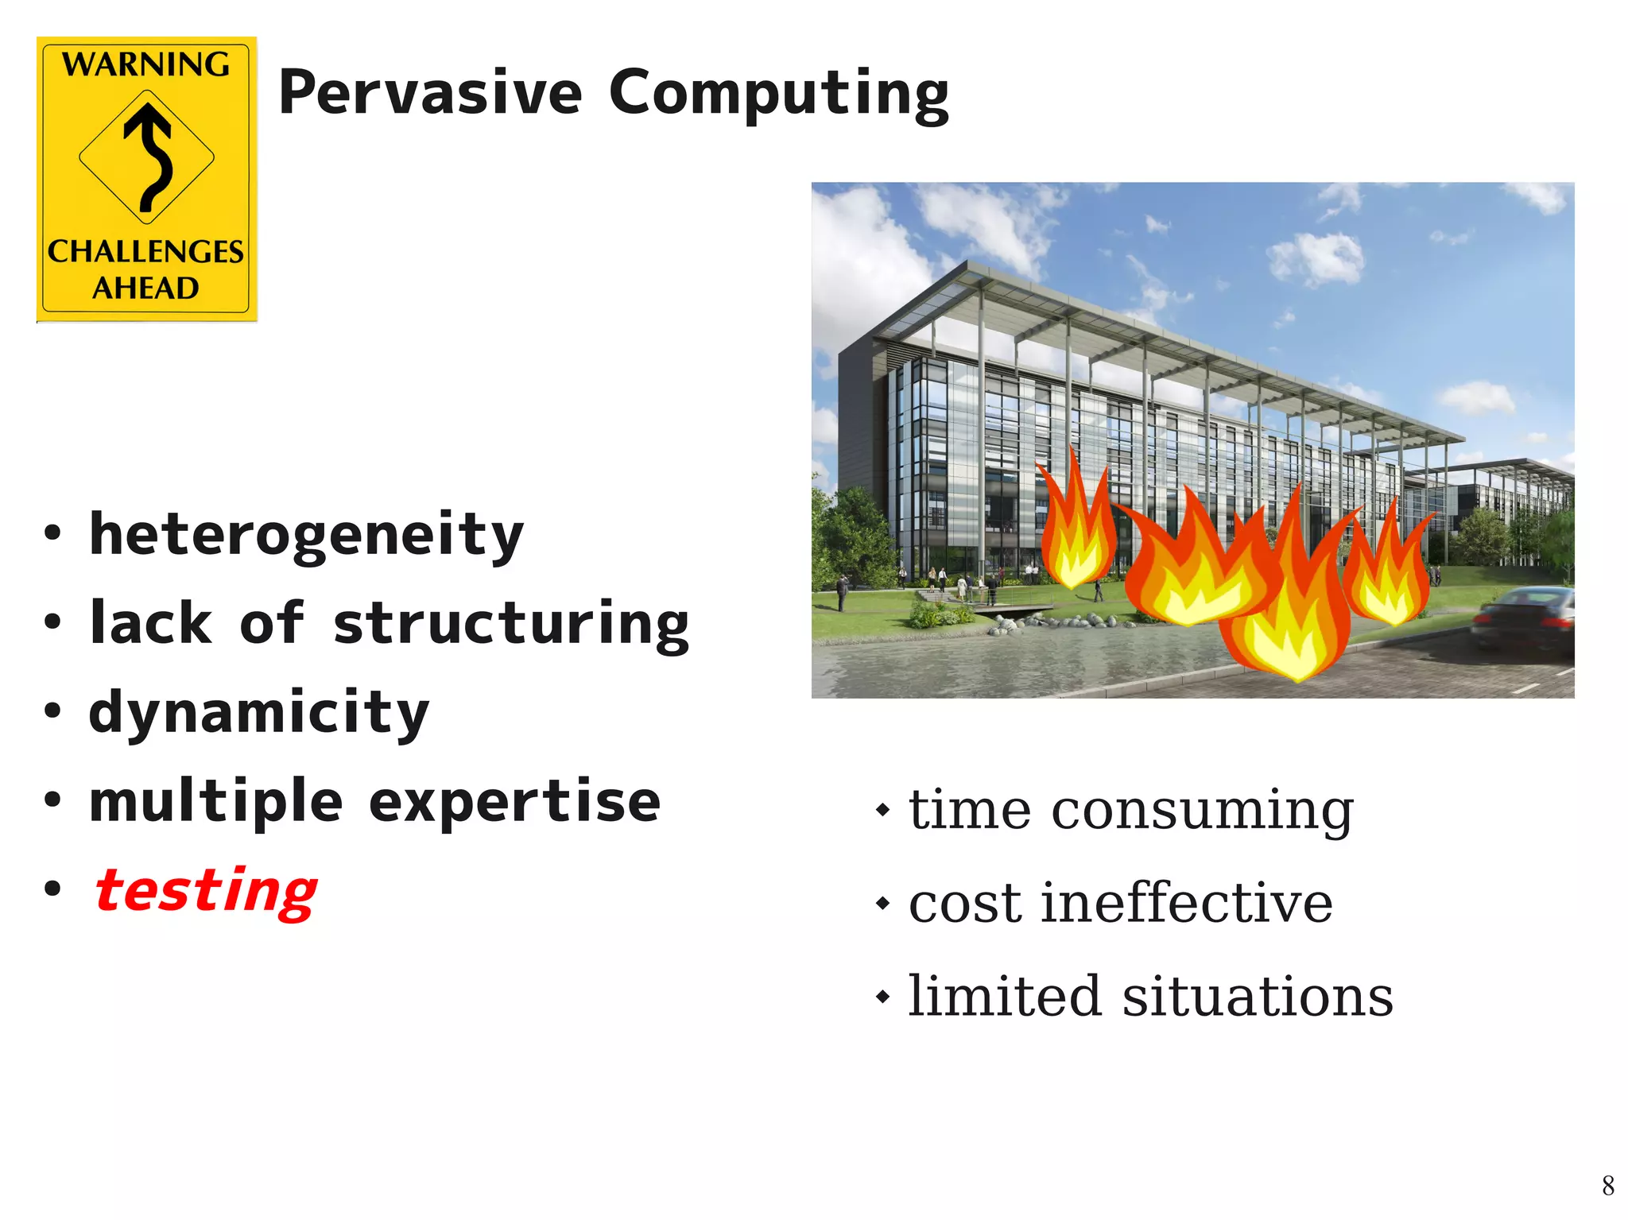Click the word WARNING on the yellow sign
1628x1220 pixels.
point(146,64)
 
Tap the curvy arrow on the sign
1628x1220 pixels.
point(149,156)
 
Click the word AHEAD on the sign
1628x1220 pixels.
point(146,288)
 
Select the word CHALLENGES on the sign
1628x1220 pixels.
point(146,252)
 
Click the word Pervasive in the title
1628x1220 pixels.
point(430,93)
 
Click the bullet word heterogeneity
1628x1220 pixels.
point(306,536)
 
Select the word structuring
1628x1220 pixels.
point(510,624)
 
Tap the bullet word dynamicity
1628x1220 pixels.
point(259,713)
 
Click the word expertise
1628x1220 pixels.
point(514,803)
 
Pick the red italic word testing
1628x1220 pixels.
point(206,891)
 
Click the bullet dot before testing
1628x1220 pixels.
point(52,888)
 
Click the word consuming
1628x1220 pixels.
point(1202,811)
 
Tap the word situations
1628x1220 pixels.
point(1257,997)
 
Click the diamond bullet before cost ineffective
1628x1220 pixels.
point(882,904)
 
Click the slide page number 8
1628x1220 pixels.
point(1607,1187)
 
